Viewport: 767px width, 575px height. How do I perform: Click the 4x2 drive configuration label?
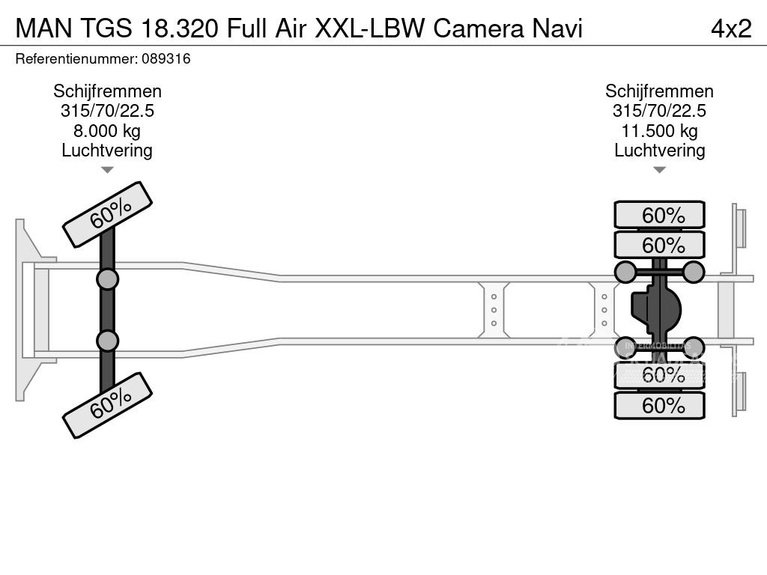coord(730,28)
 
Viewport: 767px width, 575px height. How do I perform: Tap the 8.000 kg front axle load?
coord(107,131)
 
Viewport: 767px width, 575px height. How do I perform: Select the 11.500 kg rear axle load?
coord(659,131)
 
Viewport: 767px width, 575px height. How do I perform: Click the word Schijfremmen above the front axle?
coord(107,91)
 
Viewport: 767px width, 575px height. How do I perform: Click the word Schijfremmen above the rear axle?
coord(659,91)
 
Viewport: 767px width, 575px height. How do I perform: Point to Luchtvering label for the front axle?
coord(107,150)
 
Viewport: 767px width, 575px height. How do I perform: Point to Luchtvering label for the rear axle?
coord(659,150)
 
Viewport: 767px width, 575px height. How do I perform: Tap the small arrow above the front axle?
coord(107,170)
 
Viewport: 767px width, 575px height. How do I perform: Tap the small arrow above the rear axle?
coord(659,170)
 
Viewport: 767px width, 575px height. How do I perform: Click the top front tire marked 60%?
coord(107,214)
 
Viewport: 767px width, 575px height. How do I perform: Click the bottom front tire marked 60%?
coord(107,405)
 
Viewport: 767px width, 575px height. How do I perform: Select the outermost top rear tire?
coord(659,215)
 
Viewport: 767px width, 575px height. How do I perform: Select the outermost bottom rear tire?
coord(659,406)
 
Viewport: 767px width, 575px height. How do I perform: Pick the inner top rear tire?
coord(659,245)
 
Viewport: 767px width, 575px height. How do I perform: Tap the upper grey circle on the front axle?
coord(107,279)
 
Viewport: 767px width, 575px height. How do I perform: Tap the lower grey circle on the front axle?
coord(107,341)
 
